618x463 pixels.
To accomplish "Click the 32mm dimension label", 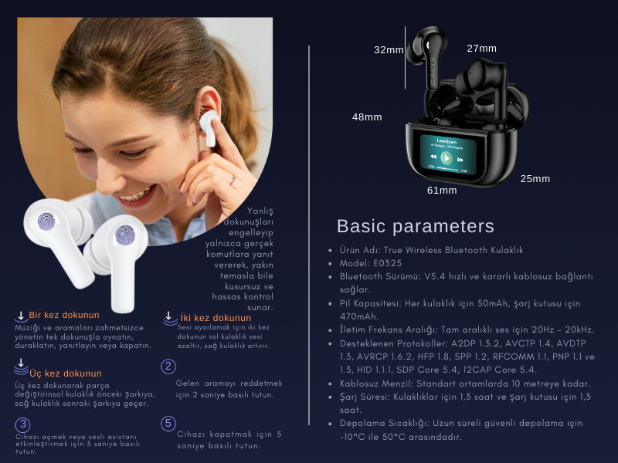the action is pos(389,50).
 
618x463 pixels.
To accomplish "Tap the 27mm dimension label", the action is pos(481,49).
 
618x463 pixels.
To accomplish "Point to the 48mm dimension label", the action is pos(367,117).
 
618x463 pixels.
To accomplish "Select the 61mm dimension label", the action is pos(442,191).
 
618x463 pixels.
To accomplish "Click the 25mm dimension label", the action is pos(535,179).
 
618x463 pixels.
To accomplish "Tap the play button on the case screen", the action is pos(447,158).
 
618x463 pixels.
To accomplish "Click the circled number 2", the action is pos(168,367).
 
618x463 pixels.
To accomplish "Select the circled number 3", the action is pos(23,425).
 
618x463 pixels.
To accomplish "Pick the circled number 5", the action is pos(168,424).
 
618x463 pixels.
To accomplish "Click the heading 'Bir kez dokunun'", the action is pos(64,315).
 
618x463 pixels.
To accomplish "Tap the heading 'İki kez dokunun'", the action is pos(216,318).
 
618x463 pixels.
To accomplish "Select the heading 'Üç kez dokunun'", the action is pos(66,373).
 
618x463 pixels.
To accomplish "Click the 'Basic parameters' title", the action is pos(416,226).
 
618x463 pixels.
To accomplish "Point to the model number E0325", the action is pos(387,263).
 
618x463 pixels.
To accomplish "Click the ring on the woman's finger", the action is pos(233,179).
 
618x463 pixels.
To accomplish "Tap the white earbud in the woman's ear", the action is pos(209,127).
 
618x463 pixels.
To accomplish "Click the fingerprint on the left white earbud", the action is pos(46,221).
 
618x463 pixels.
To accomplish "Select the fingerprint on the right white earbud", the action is pos(125,235).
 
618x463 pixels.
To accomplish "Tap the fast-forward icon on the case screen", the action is pos(460,160).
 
